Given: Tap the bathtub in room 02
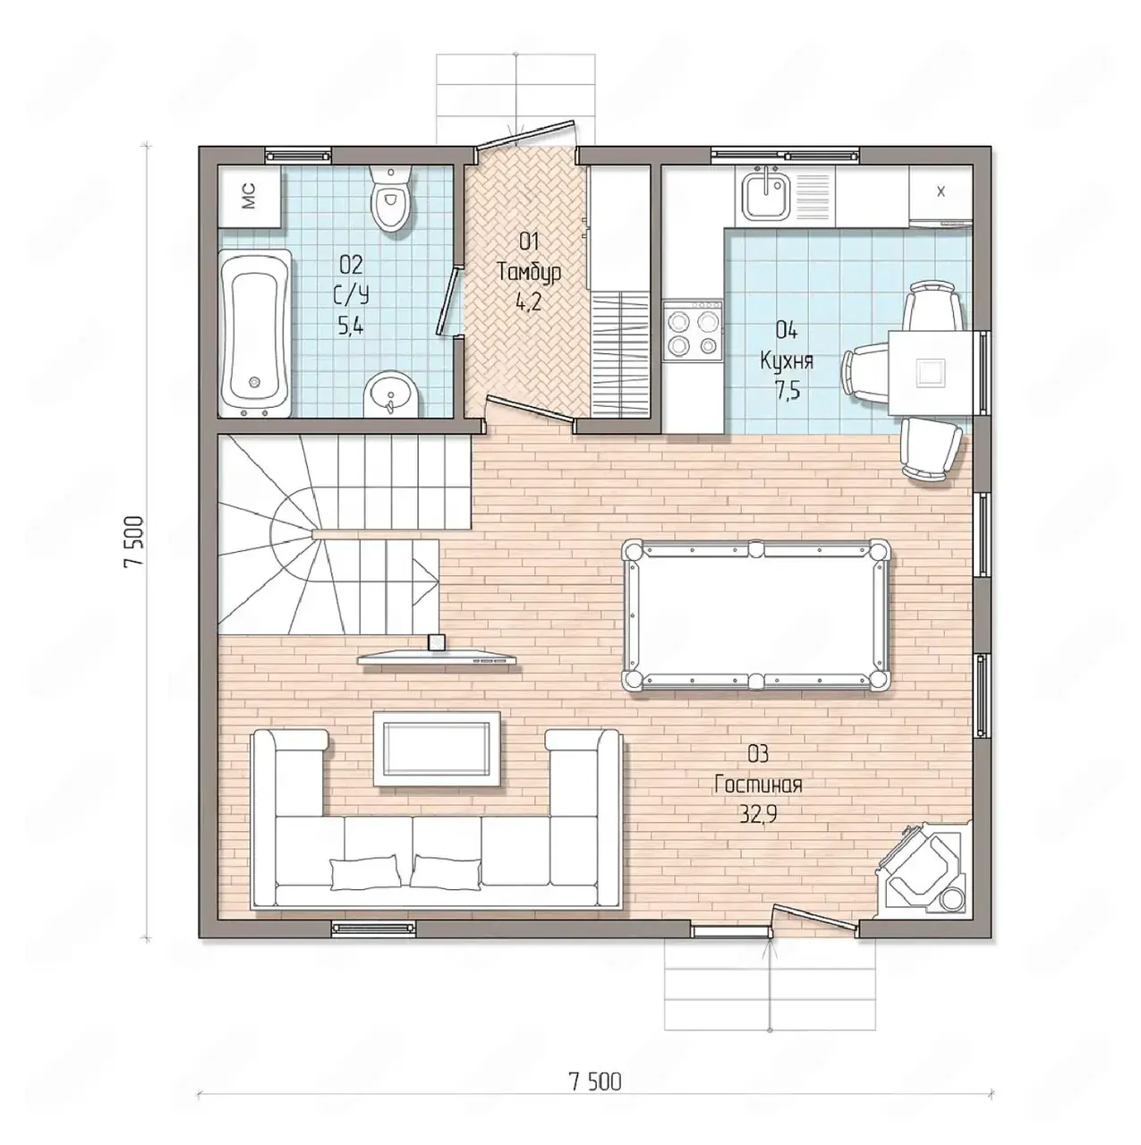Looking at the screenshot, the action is (x=255, y=334).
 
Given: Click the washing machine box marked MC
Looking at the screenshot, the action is (x=249, y=196).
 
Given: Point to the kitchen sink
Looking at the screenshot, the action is (x=764, y=195).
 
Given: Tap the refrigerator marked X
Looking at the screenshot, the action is (x=940, y=195).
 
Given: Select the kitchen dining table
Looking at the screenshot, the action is (x=932, y=372).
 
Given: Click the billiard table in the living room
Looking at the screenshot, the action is (x=755, y=615).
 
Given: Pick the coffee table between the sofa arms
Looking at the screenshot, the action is (x=437, y=749).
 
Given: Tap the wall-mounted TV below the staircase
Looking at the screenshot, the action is (x=438, y=657).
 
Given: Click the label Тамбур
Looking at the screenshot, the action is (x=529, y=273).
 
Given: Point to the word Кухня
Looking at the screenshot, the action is (x=787, y=361).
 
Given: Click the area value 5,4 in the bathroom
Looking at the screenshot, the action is (x=351, y=327).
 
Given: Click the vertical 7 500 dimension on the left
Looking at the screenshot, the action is (x=133, y=541).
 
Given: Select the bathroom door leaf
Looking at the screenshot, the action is (x=447, y=300).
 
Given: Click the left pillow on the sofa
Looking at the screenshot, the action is (x=365, y=872).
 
